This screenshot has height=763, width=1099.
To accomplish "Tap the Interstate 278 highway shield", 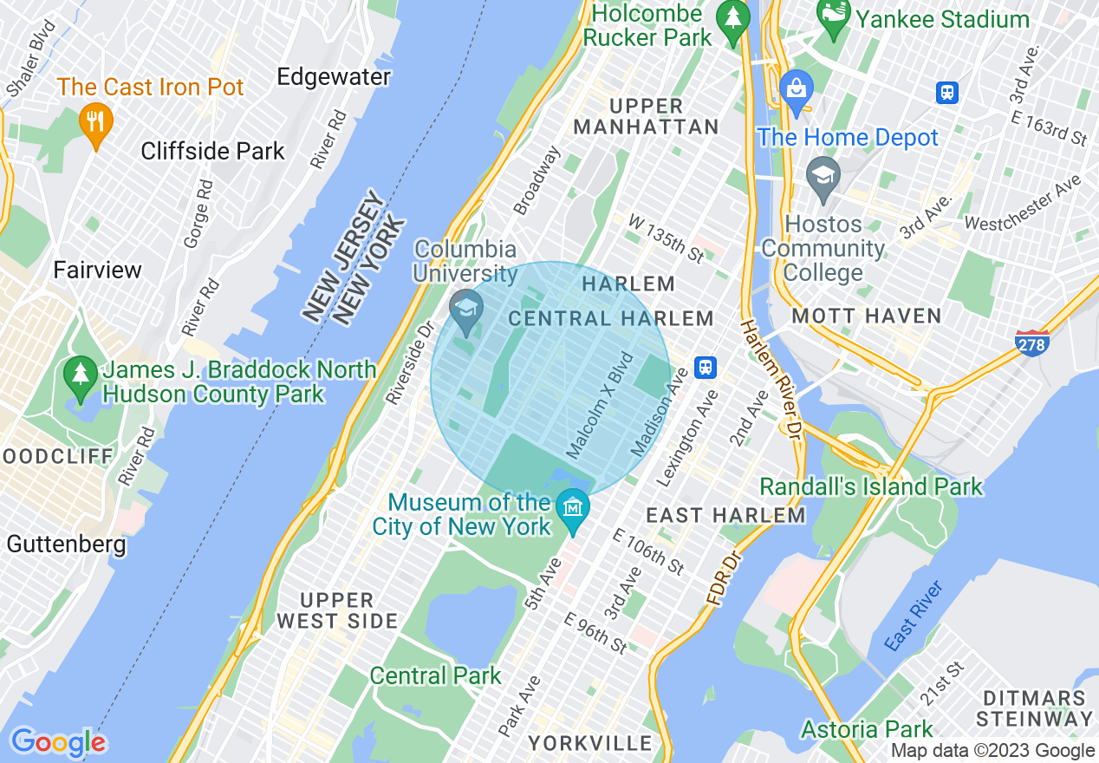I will pyautogui.click(x=1031, y=342).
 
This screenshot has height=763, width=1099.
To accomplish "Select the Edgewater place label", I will pyautogui.click(x=334, y=77).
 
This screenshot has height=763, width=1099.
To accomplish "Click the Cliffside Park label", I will pyautogui.click(x=213, y=151).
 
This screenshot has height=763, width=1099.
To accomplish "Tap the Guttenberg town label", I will pyautogui.click(x=66, y=545).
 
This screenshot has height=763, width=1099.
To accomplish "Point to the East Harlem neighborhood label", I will pyautogui.click(x=726, y=516).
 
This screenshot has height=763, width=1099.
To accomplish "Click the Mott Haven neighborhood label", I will pyautogui.click(x=867, y=316).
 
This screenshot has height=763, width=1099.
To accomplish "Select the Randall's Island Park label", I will pyautogui.click(x=871, y=486).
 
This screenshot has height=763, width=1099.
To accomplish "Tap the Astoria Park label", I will pyautogui.click(x=867, y=728).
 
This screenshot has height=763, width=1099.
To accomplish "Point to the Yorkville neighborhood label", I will pyautogui.click(x=590, y=743).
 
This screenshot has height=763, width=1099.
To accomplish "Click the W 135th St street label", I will pyautogui.click(x=666, y=240).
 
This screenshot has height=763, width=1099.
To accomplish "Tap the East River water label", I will pyautogui.click(x=914, y=616).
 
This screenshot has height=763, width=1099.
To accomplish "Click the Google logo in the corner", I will pyautogui.click(x=57, y=742).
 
